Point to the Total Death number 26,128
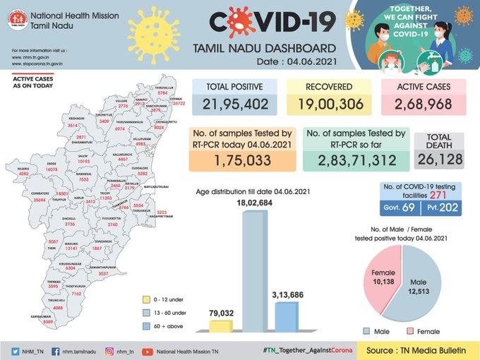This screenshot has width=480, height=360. pos(438,158)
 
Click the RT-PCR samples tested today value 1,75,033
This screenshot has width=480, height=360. pos(243,160)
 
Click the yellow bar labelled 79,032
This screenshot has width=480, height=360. pos(221,325)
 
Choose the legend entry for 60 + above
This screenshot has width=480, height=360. pos(167,325)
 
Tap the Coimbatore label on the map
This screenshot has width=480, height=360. pos(32,196)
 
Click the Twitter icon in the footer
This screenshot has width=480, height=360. pos(16,350)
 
